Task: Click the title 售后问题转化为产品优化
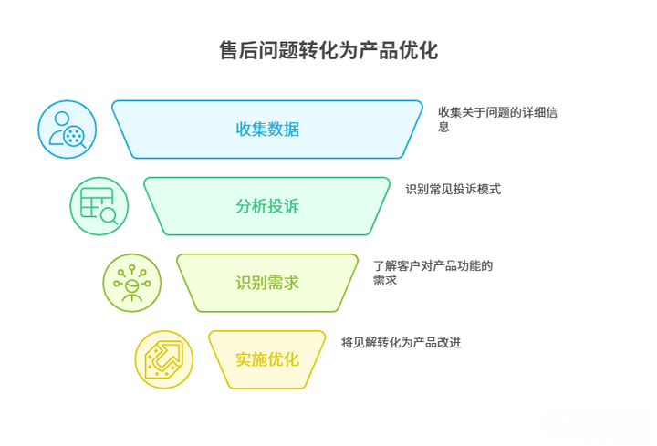click(x=328, y=51)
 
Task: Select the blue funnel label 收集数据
click(x=267, y=129)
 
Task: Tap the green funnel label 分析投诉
click(x=267, y=206)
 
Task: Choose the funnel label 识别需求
click(x=267, y=283)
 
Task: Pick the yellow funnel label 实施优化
click(x=267, y=359)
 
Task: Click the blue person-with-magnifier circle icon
click(x=67, y=130)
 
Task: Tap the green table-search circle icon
click(x=99, y=206)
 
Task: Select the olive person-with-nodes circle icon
click(x=132, y=283)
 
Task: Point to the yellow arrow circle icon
click(x=164, y=359)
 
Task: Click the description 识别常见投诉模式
click(x=453, y=190)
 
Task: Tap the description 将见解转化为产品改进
click(x=401, y=343)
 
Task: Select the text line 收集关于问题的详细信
click(x=498, y=112)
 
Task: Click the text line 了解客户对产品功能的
click(x=433, y=266)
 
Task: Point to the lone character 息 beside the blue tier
click(x=443, y=127)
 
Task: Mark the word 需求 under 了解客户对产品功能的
click(x=385, y=280)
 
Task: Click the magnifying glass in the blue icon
click(x=76, y=138)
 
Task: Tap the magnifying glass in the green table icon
click(x=109, y=215)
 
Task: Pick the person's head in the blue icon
click(x=62, y=119)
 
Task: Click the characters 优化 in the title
click(x=418, y=51)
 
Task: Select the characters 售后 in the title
click(x=239, y=51)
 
